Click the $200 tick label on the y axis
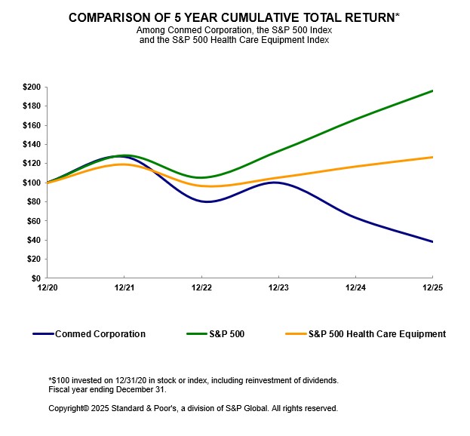(x=31, y=87)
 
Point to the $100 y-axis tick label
(x=31, y=183)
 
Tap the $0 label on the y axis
(x=35, y=278)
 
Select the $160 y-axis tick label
(x=31, y=125)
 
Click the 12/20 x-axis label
(x=47, y=288)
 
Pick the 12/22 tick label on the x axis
(x=201, y=288)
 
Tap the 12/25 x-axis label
(x=432, y=288)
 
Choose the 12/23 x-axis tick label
(x=278, y=288)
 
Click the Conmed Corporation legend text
(x=100, y=333)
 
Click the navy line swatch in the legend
(x=42, y=333)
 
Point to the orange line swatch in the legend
(x=295, y=333)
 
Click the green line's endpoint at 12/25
(x=432, y=91)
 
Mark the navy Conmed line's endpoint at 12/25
(x=432, y=241)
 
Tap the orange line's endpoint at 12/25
(x=432, y=157)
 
